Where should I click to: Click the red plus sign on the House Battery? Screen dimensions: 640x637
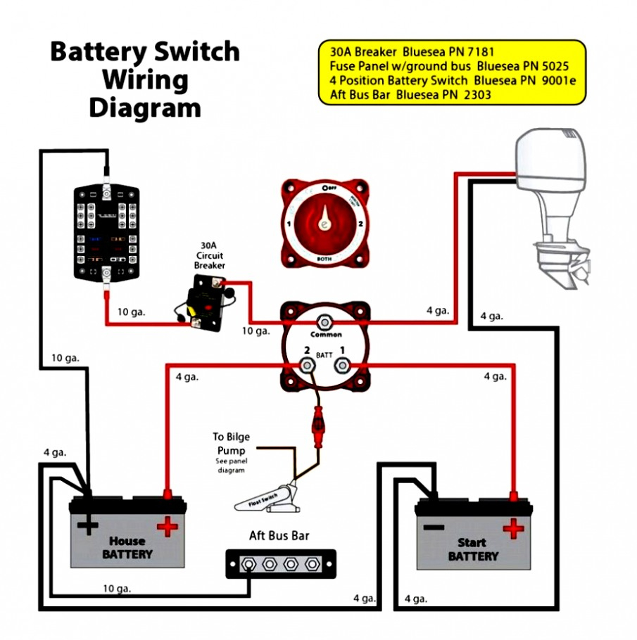[168, 525]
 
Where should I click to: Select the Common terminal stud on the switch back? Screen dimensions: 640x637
[325, 322]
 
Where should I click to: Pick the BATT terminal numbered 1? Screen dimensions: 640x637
[342, 364]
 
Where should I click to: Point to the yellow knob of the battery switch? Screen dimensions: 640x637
[324, 221]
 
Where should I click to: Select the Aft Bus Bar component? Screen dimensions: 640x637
[281, 564]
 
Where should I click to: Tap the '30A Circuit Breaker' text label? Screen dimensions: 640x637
[209, 257]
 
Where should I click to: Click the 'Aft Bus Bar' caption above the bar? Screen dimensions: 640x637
[279, 535]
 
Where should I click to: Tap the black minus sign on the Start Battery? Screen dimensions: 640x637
[433, 527]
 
